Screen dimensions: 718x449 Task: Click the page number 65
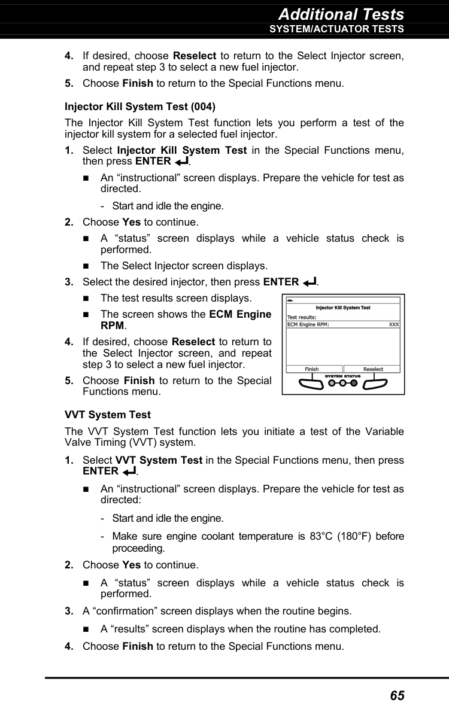coord(397,695)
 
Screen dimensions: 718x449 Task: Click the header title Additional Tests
coord(341,14)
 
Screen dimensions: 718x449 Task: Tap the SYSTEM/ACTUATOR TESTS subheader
coord(336,29)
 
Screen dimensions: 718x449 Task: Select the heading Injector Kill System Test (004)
coord(140,107)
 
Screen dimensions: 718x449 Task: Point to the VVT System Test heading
coord(108,415)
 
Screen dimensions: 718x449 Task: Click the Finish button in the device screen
coord(312,369)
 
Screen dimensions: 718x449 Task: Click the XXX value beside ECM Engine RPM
coord(393,324)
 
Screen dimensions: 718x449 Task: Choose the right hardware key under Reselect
coord(377,384)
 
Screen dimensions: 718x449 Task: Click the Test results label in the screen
coord(302,317)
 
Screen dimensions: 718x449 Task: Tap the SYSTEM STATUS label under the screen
coord(343,376)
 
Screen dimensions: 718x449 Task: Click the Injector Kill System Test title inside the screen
coord(343,308)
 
